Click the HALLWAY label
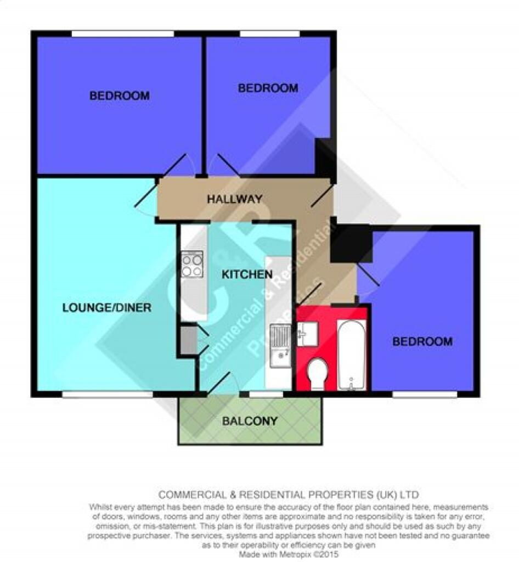click(235, 199)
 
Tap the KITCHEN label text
click(247, 274)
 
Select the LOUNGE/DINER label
click(107, 307)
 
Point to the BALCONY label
click(250, 420)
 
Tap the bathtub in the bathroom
click(351, 355)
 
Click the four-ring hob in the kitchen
click(192, 265)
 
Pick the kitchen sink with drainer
click(280, 346)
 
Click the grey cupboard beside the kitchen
click(189, 339)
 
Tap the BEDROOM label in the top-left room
click(119, 95)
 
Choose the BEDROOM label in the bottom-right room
click(422, 341)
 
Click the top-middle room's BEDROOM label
click(268, 88)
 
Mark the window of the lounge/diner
click(108, 394)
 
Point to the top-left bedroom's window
click(123, 33)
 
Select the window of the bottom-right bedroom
click(425, 394)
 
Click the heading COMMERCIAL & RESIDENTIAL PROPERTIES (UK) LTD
click(289, 495)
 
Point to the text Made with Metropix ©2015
click(289, 554)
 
